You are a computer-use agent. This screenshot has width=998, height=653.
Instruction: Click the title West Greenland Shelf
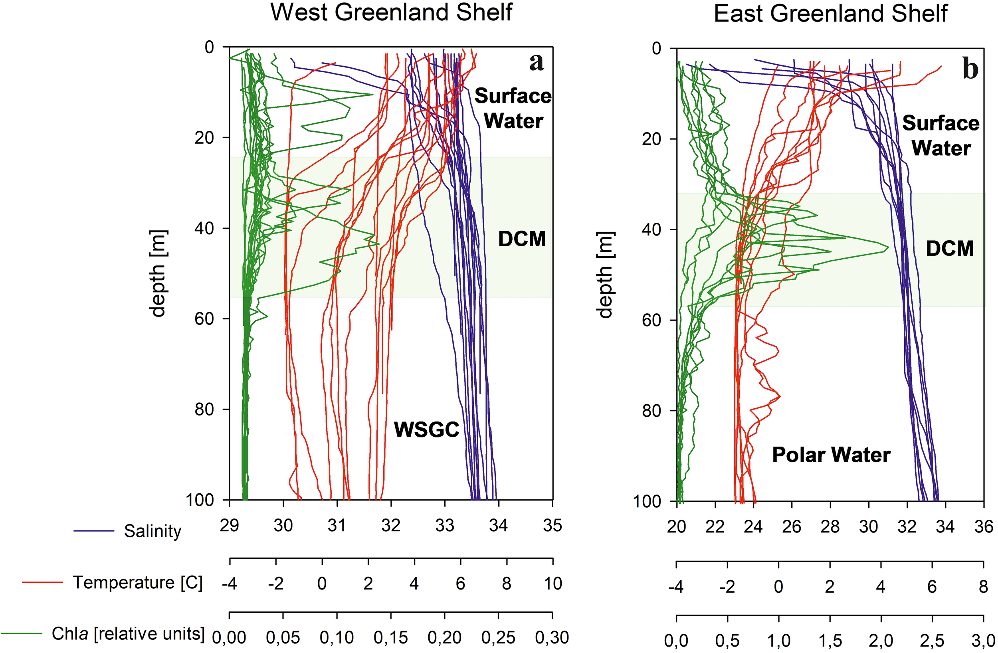pyautogui.click(x=391, y=13)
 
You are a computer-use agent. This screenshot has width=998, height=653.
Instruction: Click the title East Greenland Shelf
pyautogui.click(x=830, y=14)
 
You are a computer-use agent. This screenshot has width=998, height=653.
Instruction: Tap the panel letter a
pyautogui.click(x=536, y=63)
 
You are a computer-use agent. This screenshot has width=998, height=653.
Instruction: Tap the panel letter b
pyautogui.click(x=970, y=69)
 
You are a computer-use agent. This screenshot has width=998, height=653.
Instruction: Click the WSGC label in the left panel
pyautogui.click(x=426, y=429)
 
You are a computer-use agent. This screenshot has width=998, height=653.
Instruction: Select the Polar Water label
pyautogui.click(x=831, y=455)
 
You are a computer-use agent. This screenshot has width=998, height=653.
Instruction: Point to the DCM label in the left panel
pyautogui.click(x=522, y=239)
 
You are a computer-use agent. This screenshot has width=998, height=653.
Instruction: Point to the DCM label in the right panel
pyautogui.click(x=949, y=249)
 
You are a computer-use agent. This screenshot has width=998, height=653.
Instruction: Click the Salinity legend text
pyautogui.click(x=152, y=531)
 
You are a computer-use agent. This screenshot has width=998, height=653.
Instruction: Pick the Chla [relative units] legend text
pyautogui.click(x=128, y=634)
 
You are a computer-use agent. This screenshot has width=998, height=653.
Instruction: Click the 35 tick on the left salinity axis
pyautogui.click(x=552, y=526)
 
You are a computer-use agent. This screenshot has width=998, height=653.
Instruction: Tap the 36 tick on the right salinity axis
pyautogui.click(x=984, y=527)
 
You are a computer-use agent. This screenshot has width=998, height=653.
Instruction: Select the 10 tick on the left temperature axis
pyautogui.click(x=552, y=584)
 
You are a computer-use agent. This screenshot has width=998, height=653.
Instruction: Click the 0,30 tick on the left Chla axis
pyautogui.click(x=552, y=637)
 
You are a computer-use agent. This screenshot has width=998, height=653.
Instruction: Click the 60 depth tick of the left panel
pyautogui.click(x=205, y=319)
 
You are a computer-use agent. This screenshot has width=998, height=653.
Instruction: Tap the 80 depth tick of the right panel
pyautogui.click(x=652, y=411)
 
